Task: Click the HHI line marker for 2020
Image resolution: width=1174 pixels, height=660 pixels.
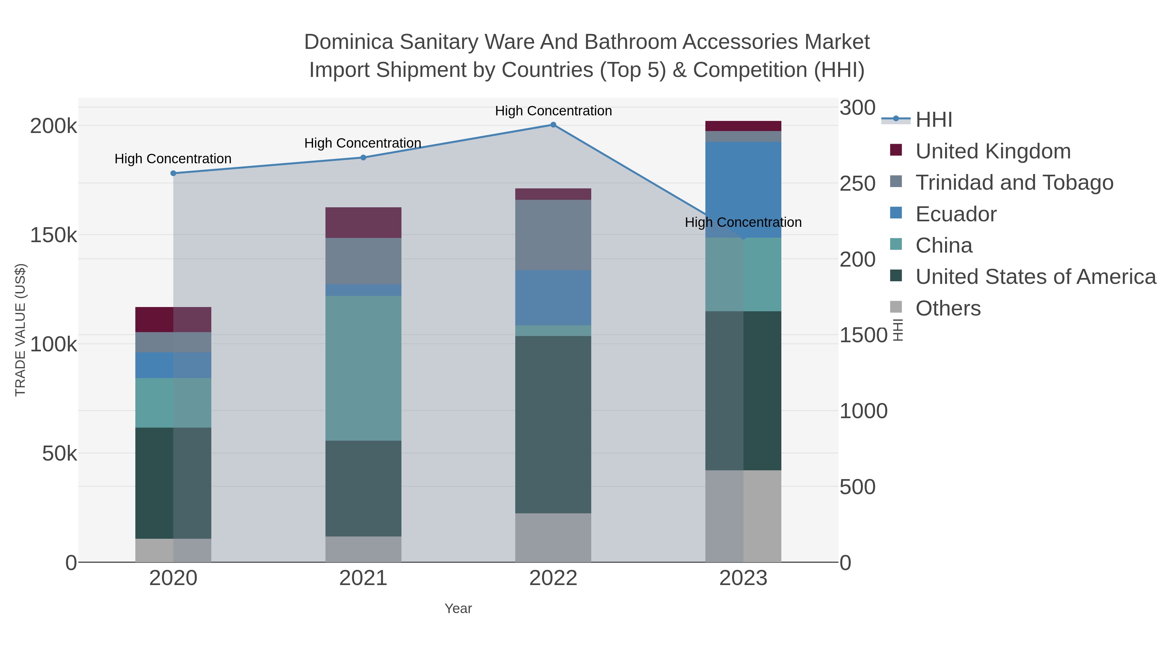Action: [173, 173]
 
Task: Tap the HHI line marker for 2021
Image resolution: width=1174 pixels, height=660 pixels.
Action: [363, 158]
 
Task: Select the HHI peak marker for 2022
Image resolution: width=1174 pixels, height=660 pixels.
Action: [553, 125]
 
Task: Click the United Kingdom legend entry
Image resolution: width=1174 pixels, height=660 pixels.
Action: [993, 151]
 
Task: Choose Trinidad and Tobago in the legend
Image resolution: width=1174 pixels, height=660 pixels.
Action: [1014, 183]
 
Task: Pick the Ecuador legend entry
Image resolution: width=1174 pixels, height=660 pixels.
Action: [956, 214]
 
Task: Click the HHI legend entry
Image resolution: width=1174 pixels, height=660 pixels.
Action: [933, 120]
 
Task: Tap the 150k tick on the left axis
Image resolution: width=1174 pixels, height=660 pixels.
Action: [53, 236]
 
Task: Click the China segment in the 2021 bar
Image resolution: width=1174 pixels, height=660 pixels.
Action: [363, 368]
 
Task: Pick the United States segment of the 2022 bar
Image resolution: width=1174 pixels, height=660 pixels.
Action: [553, 424]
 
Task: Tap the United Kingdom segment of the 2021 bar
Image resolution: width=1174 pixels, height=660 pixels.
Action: [363, 222]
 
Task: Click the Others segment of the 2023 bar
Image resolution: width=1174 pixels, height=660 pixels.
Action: [743, 516]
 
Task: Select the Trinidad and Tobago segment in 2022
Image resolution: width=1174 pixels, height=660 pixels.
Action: [553, 235]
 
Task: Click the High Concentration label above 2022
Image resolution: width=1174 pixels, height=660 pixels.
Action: [553, 111]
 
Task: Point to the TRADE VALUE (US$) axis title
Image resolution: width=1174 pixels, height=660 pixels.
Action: [21, 330]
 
